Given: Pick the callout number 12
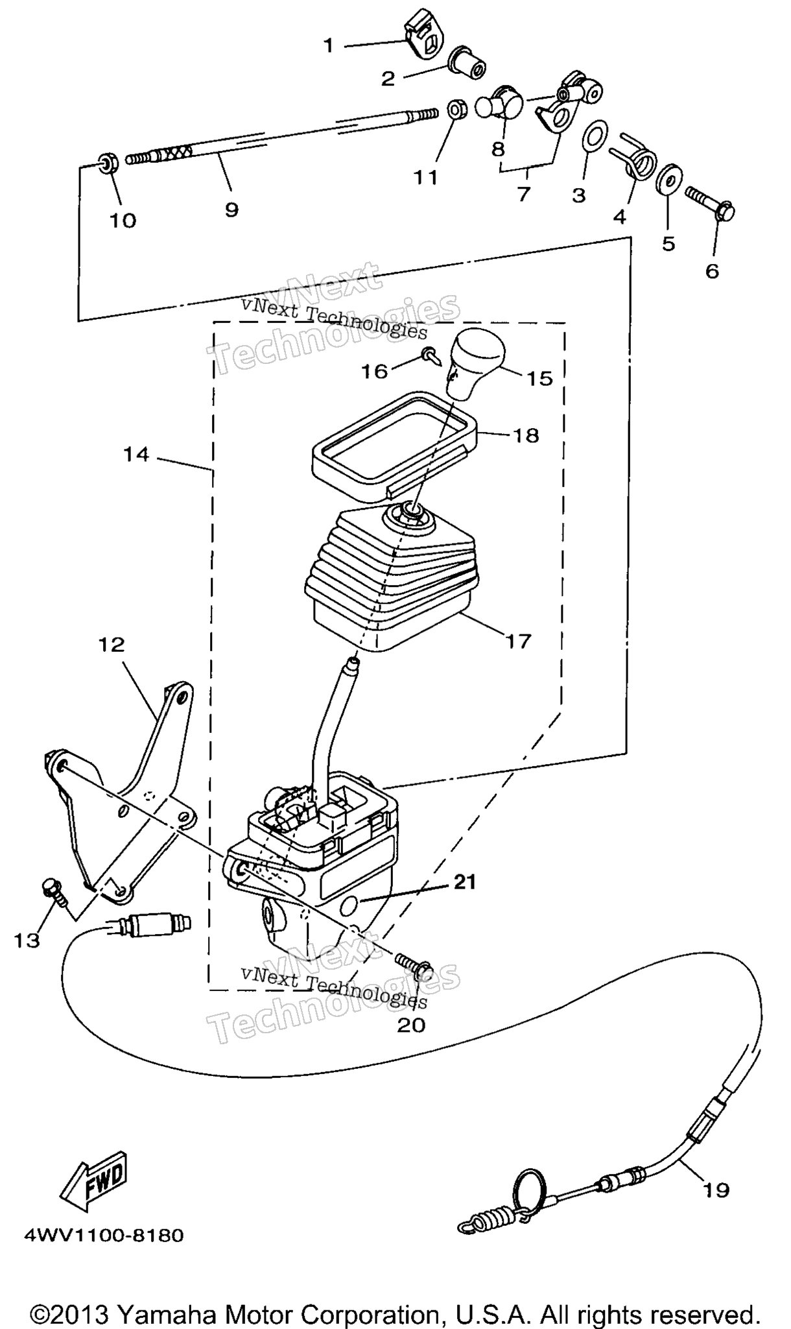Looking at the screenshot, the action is coord(112,645).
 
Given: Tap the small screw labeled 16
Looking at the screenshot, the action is coord(431,354).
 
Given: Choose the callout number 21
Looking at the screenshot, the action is coord(464,882).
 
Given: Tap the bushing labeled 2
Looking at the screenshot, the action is coord(467,63).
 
